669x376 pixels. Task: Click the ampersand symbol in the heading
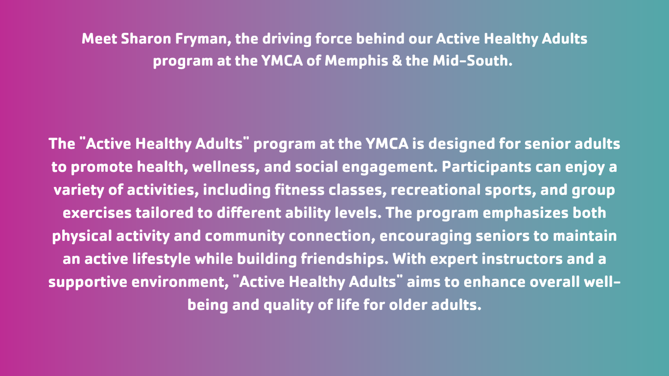(396, 61)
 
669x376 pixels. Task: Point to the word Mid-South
(472, 61)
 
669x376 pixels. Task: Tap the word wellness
(226, 167)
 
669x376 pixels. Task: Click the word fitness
(299, 190)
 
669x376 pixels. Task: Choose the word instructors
(522, 259)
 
